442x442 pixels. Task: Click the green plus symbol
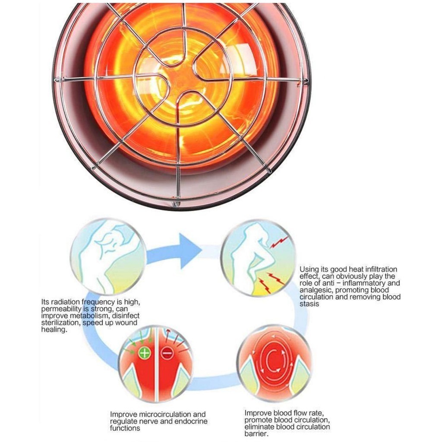[145, 354]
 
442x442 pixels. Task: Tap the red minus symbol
[167, 354]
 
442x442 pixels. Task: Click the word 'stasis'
[309, 304]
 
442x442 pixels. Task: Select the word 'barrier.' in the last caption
[256, 434]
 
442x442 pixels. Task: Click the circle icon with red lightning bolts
[258, 258]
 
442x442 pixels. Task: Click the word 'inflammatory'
[363, 283]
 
